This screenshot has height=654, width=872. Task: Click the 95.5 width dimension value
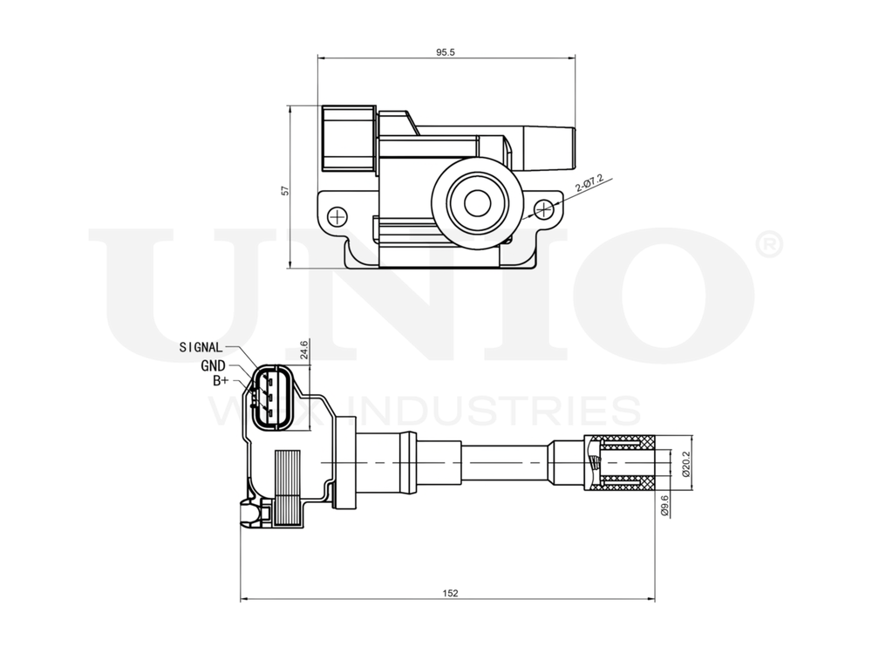click(446, 52)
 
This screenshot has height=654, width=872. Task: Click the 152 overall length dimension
click(449, 593)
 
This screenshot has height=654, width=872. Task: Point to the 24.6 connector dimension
click(303, 350)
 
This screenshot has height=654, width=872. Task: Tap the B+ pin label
click(221, 381)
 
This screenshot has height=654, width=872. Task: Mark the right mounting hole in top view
click(545, 209)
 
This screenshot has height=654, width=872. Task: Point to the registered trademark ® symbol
click(766, 245)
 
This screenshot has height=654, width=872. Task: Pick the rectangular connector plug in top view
click(347, 140)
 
